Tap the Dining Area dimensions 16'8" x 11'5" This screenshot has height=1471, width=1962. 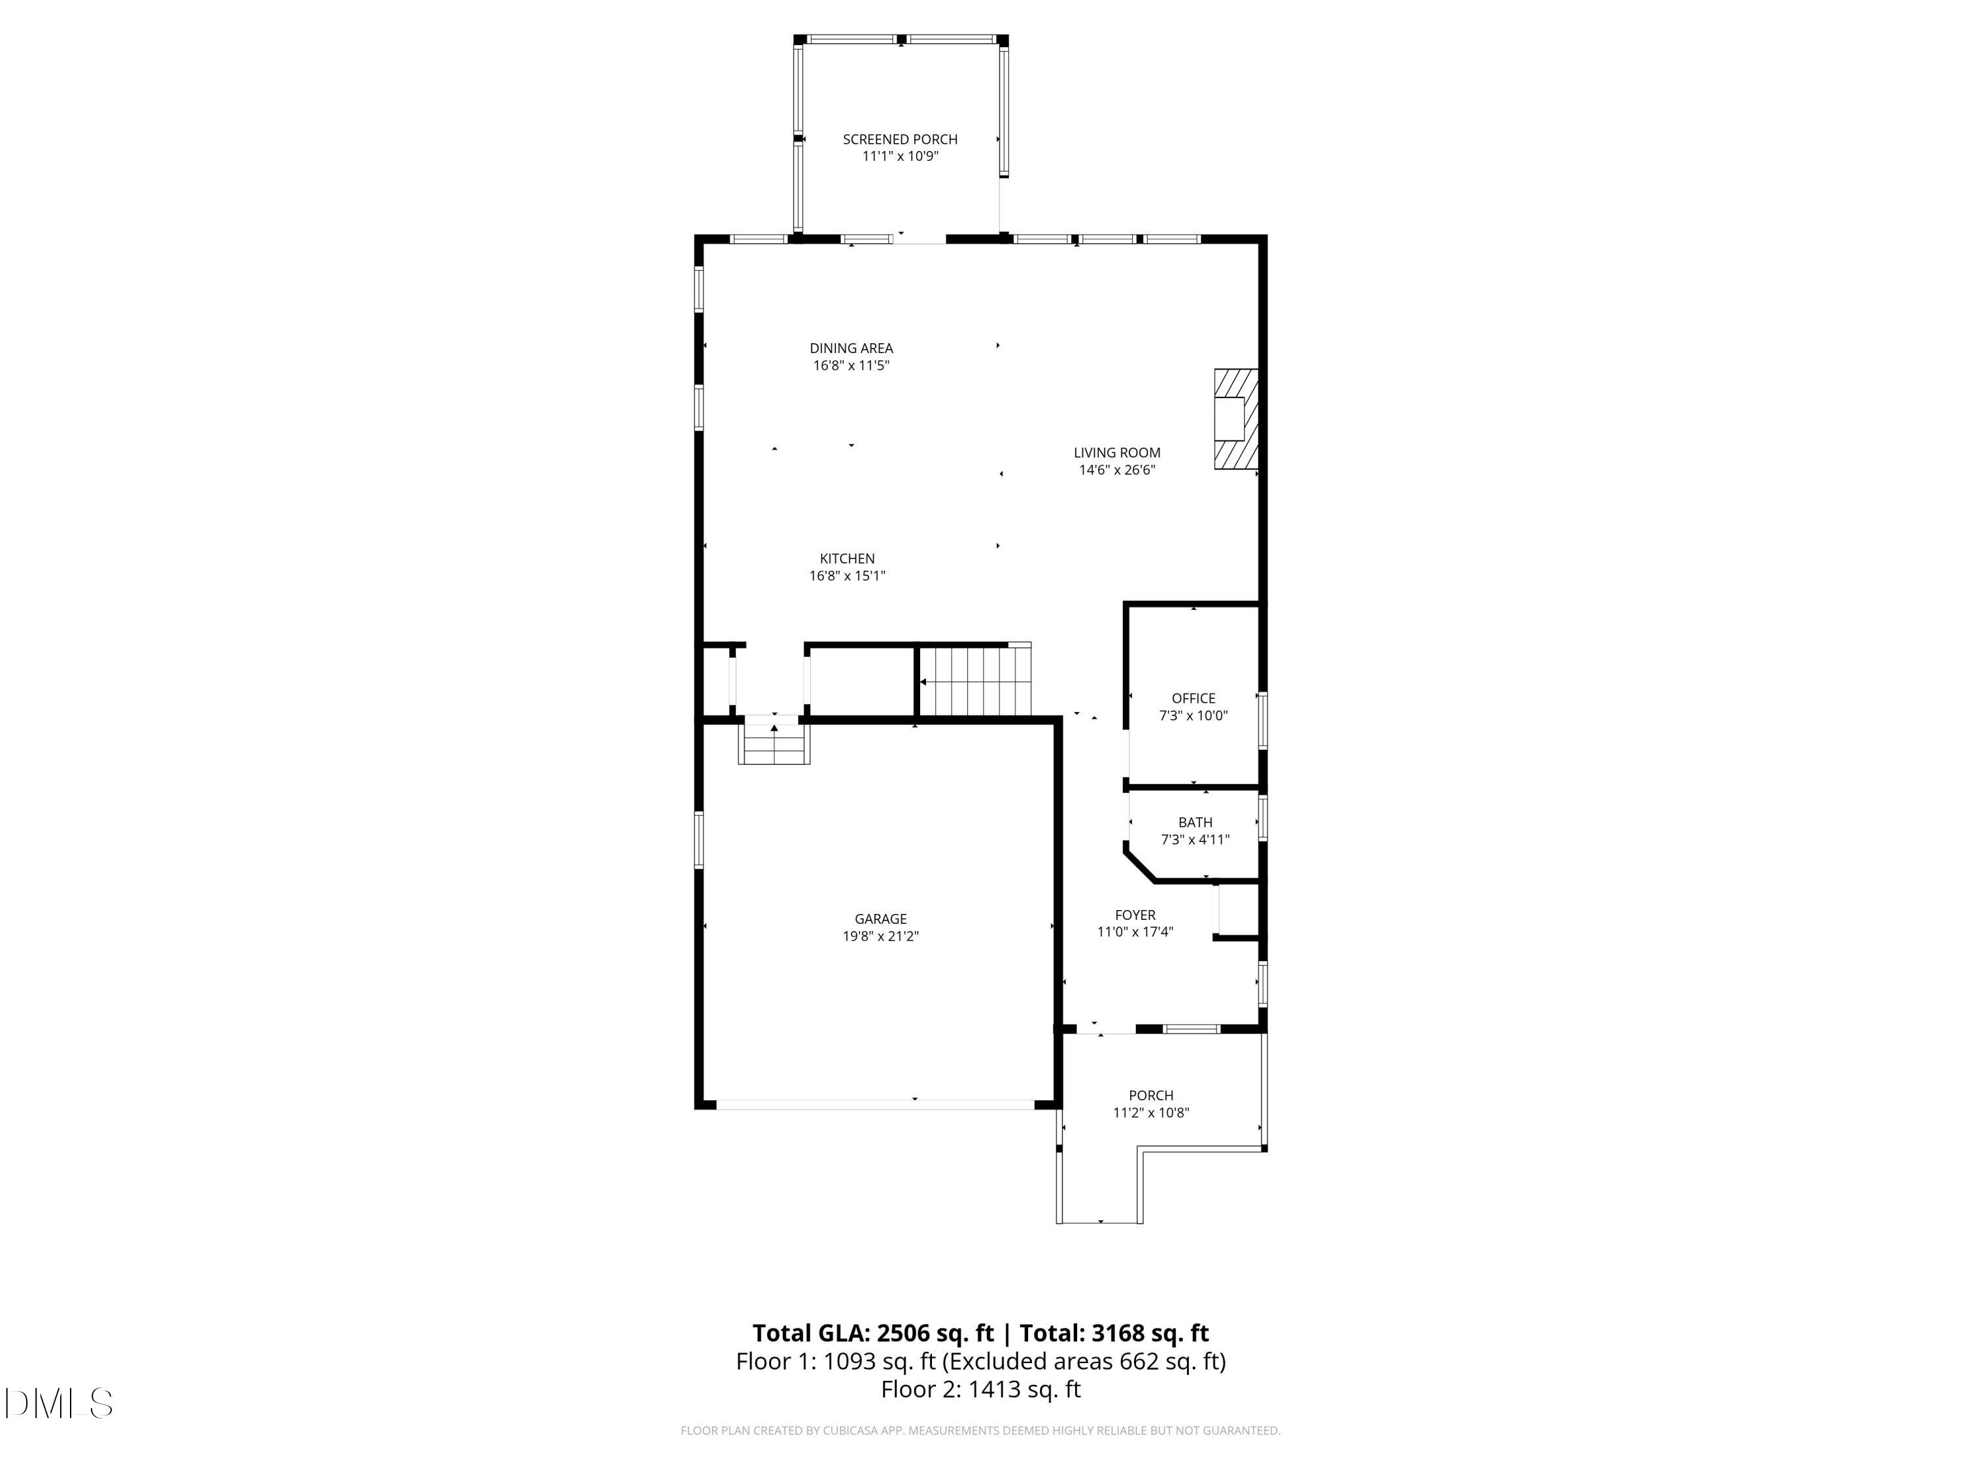click(851, 365)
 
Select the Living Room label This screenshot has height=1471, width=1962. click(1117, 453)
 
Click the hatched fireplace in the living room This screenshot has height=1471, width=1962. click(1235, 420)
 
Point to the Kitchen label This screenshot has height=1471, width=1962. click(846, 558)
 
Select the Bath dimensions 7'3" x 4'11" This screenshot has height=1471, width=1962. click(1195, 839)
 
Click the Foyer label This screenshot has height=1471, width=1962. click(1135, 915)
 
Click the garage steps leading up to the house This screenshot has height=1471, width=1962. click(774, 743)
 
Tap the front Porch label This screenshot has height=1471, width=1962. click(1150, 1096)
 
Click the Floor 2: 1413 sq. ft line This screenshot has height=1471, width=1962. click(980, 1389)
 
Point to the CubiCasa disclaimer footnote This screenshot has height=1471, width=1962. click(980, 1430)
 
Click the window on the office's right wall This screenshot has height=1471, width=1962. click(1263, 722)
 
